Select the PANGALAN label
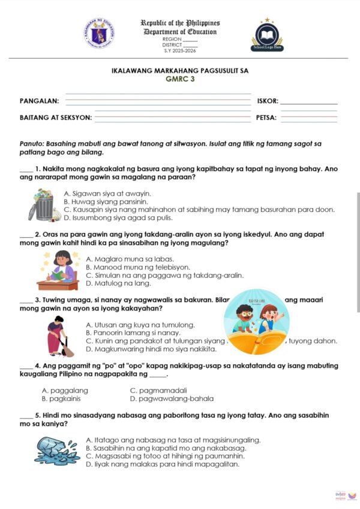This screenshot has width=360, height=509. click(x=39, y=101)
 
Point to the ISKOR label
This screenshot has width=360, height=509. click(x=267, y=101)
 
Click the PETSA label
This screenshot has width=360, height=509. click(x=266, y=118)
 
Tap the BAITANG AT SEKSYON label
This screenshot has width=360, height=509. click(x=56, y=118)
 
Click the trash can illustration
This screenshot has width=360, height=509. click(x=44, y=205)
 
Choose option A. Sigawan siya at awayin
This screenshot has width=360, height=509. click(x=107, y=194)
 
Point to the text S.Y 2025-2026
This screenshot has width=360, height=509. click(x=179, y=51)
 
